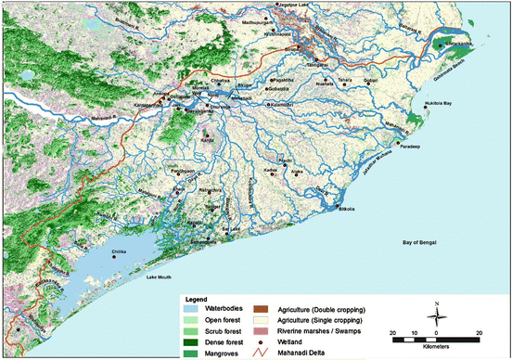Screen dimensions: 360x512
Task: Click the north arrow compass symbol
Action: click(x=436, y=315)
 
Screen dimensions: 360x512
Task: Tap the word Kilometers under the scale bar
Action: click(x=435, y=350)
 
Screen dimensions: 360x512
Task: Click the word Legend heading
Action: click(x=194, y=299)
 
